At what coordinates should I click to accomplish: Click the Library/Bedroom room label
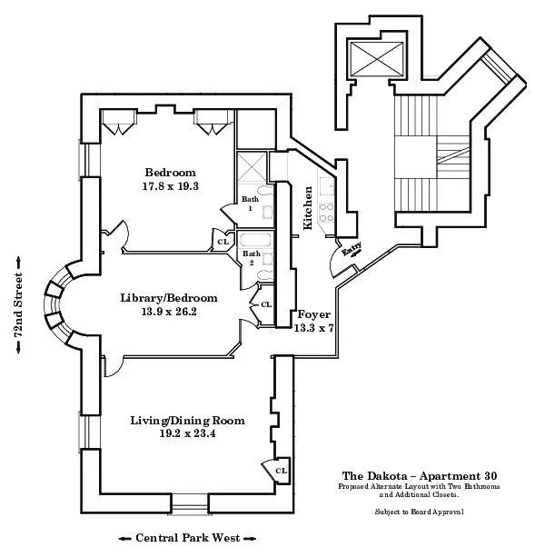[x=169, y=298]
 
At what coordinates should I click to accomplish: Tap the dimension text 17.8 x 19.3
[x=171, y=185]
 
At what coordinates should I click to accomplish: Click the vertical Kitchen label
[x=309, y=208]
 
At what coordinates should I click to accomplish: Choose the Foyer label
[x=314, y=314]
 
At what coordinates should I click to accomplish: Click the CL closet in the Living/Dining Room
[x=281, y=471]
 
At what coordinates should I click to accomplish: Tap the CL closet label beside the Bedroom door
[x=223, y=242]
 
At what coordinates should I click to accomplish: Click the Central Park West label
[x=187, y=538]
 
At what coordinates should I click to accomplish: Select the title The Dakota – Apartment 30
[x=419, y=475]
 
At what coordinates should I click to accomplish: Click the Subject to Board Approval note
[x=419, y=512]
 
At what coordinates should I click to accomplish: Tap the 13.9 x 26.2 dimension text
[x=169, y=312]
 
